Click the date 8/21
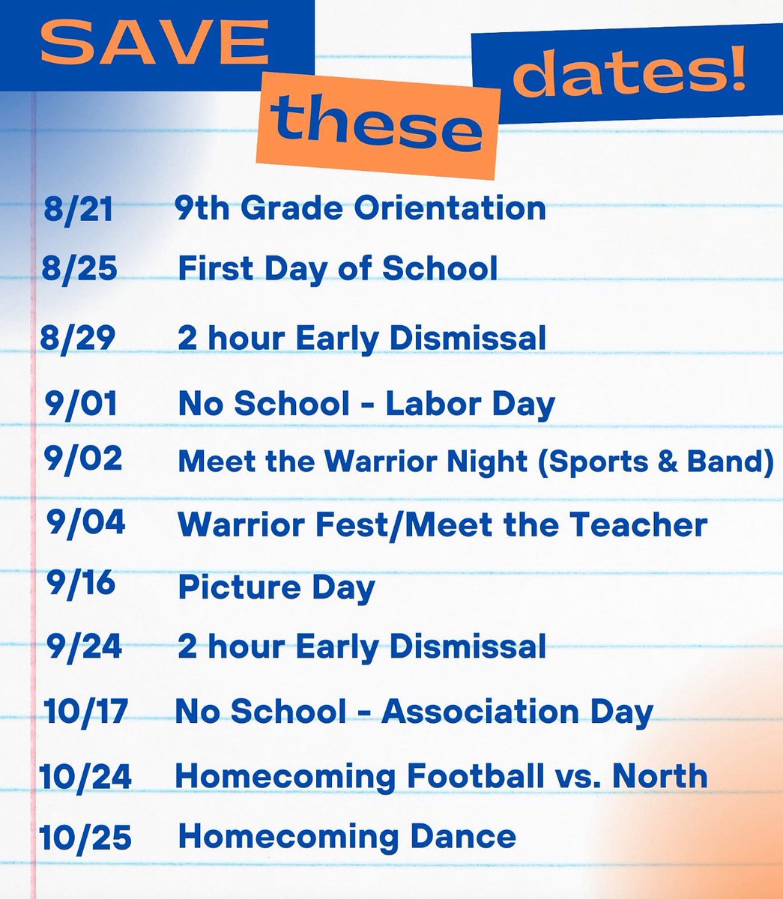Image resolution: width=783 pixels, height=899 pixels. coord(78,209)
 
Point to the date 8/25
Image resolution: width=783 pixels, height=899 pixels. coord(79,268)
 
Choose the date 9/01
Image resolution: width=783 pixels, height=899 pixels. coord(81,404)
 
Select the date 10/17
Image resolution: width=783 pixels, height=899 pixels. coord(86,711)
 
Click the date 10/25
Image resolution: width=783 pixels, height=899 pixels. coord(85,837)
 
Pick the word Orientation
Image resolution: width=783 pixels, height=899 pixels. coord(450,208)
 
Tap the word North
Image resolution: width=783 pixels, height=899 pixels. coord(660,775)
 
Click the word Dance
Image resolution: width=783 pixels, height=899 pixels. coord(462,836)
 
